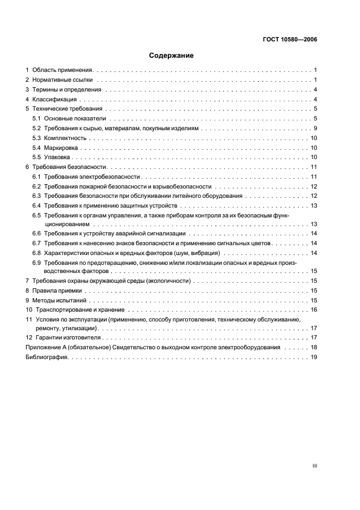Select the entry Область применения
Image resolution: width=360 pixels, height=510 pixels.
[x=63, y=70]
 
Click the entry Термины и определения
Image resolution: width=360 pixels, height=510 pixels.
[x=66, y=89]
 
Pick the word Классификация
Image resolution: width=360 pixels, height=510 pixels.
[x=54, y=99]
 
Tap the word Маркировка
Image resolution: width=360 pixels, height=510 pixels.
[x=62, y=148]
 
